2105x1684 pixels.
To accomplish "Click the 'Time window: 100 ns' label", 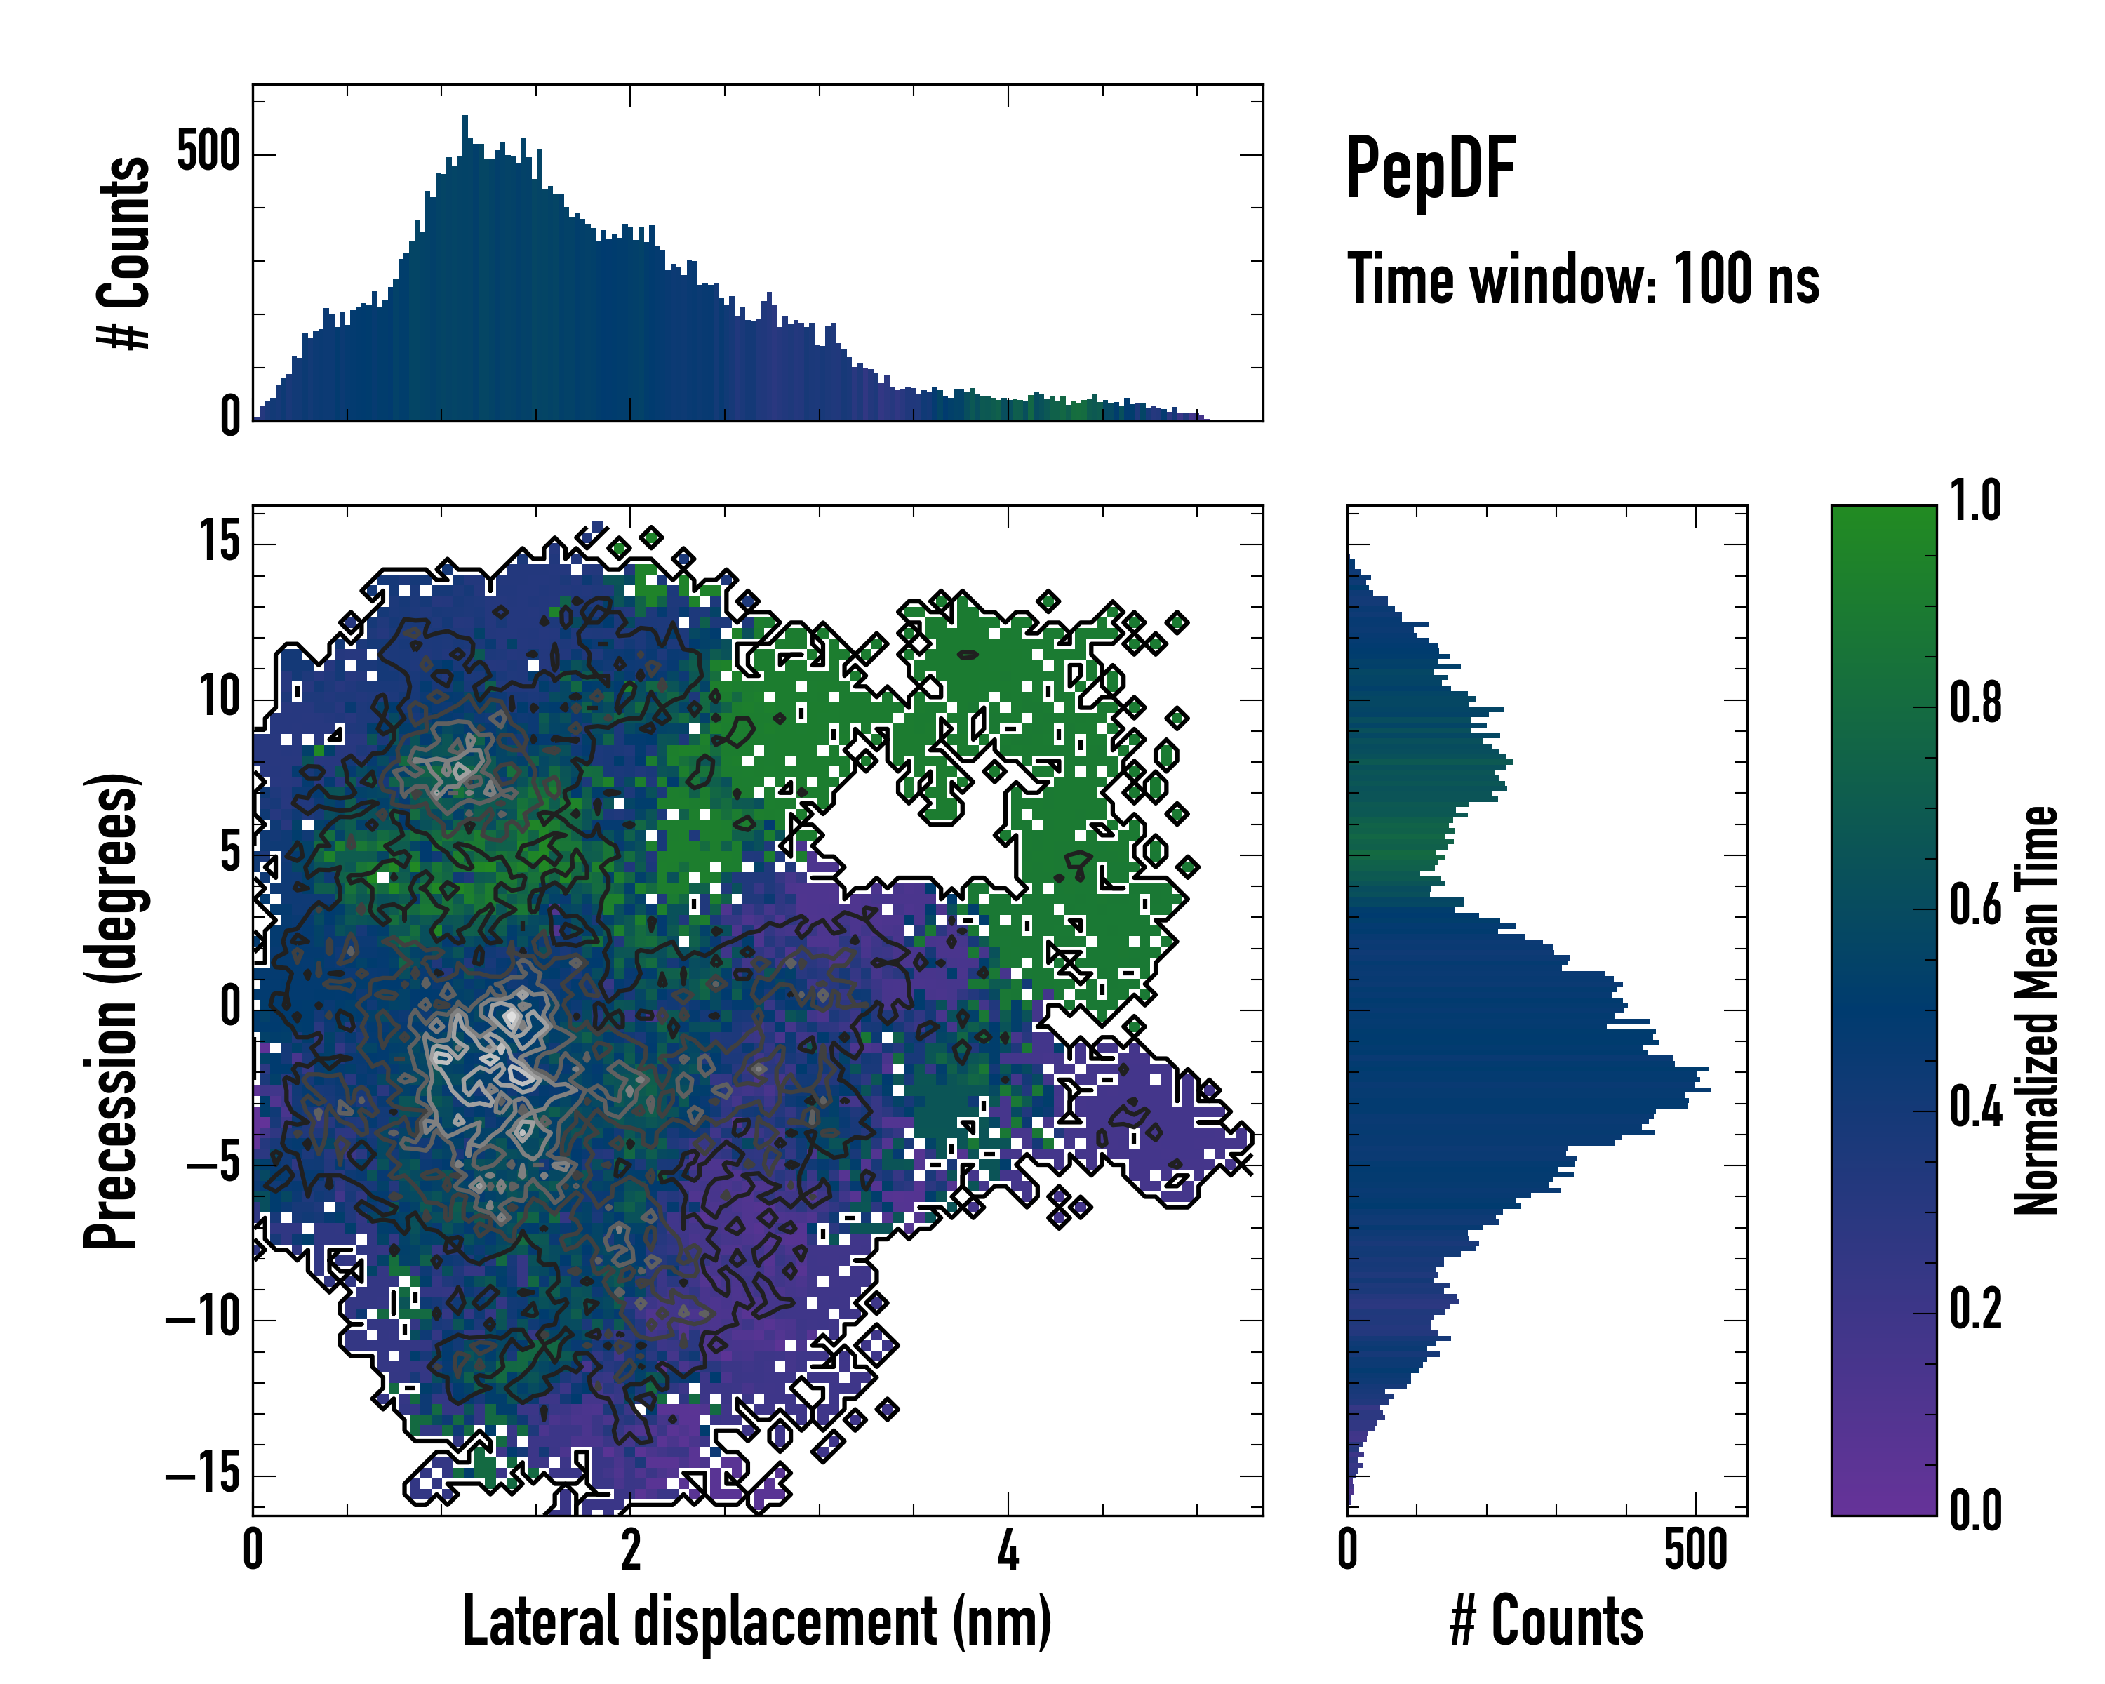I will pyautogui.click(x=1583, y=279).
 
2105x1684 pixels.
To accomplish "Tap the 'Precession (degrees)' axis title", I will pyautogui.click(x=112, y=1010).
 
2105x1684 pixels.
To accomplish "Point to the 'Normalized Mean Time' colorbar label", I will pyautogui.click(x=2037, y=1010).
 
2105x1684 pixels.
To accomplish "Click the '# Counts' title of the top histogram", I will pyautogui.click(x=125, y=252).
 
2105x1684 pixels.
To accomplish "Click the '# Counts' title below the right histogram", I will pyautogui.click(x=1546, y=1622).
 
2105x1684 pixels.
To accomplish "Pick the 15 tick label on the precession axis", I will pyautogui.click(x=220, y=540).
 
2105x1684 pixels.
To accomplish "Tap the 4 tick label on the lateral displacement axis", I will pyautogui.click(x=1008, y=1550).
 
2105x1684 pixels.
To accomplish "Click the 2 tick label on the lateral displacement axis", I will pyautogui.click(x=631, y=1550).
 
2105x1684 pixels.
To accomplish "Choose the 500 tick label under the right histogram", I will pyautogui.click(x=1696, y=1550).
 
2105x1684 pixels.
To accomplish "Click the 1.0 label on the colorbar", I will pyautogui.click(x=1975, y=501).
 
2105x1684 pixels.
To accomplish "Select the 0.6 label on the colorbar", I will pyautogui.click(x=1975, y=905).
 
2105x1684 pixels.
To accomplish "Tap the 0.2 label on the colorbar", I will pyautogui.click(x=1975, y=1309).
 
